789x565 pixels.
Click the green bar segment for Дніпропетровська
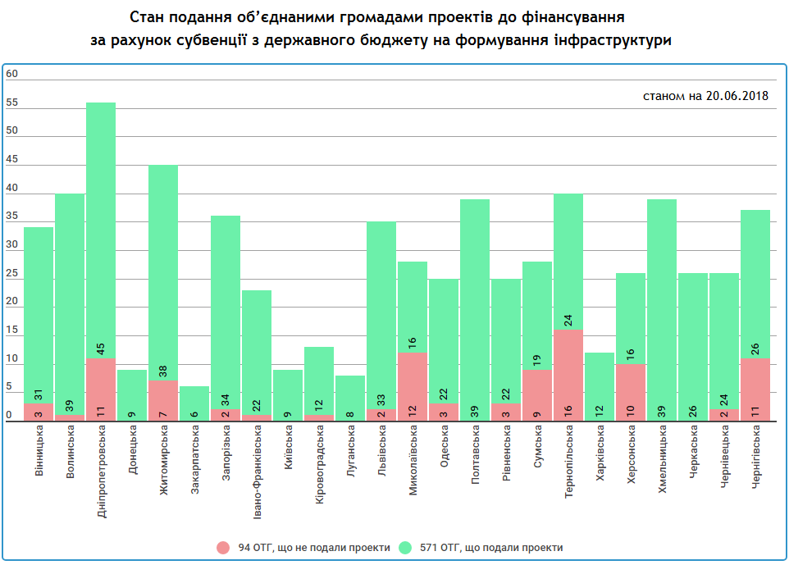tap(101, 230)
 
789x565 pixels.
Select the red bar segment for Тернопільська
tap(568, 376)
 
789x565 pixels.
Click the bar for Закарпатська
tap(194, 403)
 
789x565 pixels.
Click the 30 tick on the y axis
tap(11, 245)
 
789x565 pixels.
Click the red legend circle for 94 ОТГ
tap(224, 547)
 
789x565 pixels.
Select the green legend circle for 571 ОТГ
tap(405, 547)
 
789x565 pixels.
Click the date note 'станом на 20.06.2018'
tap(705, 96)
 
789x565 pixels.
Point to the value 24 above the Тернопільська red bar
tap(568, 320)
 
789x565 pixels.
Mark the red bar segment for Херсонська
tap(631, 392)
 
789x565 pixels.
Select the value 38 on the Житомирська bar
tap(163, 371)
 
